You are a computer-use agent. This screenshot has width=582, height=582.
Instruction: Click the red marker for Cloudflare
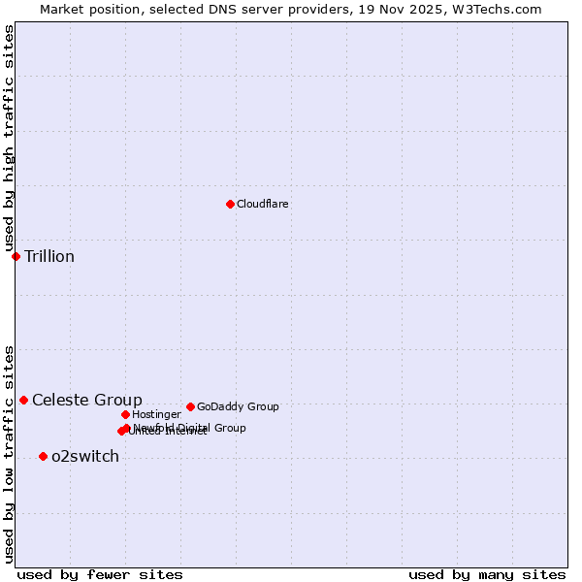(x=230, y=204)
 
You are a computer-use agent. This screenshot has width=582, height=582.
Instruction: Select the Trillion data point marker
(x=16, y=256)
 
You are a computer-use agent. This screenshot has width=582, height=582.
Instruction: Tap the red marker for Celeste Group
(x=23, y=400)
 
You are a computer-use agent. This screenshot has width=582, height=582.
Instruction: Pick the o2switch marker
(x=43, y=456)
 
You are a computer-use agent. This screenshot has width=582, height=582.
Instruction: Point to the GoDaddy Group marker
(x=190, y=406)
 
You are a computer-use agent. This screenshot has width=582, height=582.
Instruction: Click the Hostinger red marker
(x=125, y=414)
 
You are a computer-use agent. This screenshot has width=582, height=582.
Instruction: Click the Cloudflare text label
(x=262, y=204)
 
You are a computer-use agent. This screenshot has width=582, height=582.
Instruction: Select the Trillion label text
(x=48, y=256)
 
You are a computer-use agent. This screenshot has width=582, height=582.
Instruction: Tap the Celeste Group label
(x=86, y=400)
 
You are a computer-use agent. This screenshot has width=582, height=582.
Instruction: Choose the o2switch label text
(x=84, y=456)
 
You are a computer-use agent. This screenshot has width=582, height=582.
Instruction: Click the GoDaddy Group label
(x=238, y=406)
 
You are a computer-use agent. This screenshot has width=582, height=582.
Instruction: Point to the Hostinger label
(x=156, y=414)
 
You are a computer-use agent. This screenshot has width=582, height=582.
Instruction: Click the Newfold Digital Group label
(x=190, y=427)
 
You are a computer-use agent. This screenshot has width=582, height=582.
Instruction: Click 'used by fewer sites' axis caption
(x=100, y=574)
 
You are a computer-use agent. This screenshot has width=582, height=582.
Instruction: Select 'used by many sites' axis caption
(x=487, y=574)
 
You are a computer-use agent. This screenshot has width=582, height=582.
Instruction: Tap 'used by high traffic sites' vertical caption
(x=9, y=139)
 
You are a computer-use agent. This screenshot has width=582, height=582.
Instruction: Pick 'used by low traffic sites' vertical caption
(x=9, y=453)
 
